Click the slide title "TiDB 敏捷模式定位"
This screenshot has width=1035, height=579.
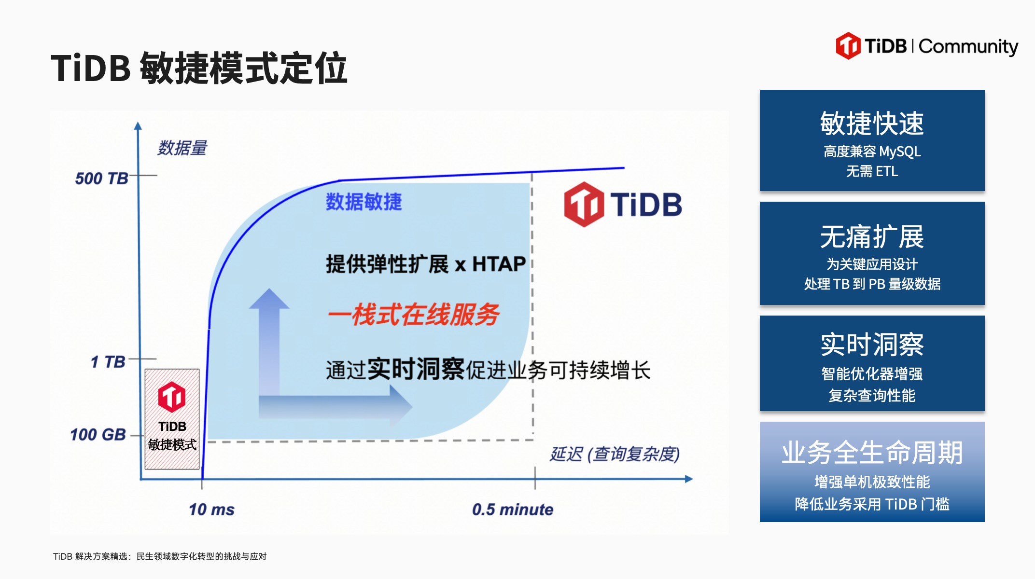[x=199, y=68]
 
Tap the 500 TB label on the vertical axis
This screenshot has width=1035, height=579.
[x=101, y=179]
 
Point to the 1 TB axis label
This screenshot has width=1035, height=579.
[x=108, y=362]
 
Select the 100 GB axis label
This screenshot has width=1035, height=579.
[x=98, y=435]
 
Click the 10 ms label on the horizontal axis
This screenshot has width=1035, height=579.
[x=211, y=510]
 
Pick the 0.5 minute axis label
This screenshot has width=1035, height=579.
[x=513, y=510]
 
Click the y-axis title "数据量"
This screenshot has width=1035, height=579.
[x=182, y=148]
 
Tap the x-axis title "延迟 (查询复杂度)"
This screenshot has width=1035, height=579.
[x=615, y=454]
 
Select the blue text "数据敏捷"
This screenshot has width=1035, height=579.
[x=364, y=202]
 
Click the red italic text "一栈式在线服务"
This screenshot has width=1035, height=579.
[x=414, y=315]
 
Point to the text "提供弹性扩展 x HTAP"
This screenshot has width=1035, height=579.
[x=426, y=264]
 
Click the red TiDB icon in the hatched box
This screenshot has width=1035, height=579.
[x=172, y=397]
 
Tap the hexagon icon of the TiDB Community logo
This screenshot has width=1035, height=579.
[x=848, y=46]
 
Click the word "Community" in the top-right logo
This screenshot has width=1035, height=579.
[x=968, y=47]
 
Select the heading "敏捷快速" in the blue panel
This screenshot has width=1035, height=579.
[x=872, y=124]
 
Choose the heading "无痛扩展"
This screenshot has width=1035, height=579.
[x=872, y=237]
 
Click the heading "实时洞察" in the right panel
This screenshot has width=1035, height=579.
[x=872, y=345]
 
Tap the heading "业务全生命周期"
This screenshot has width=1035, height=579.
[x=872, y=453]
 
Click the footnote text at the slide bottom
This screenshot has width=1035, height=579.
[x=160, y=556]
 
